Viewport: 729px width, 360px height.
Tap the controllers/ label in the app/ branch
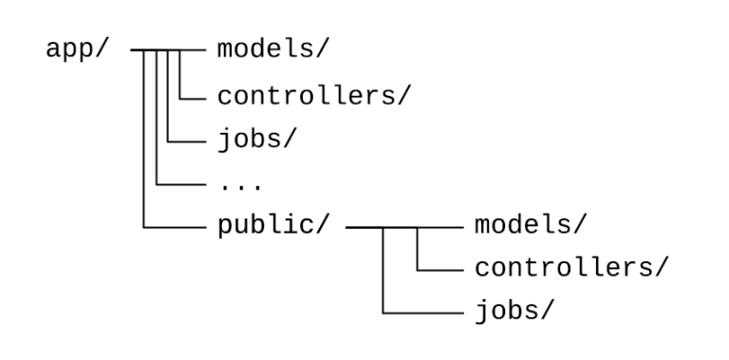coord(313,95)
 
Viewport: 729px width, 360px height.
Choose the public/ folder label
coord(273,228)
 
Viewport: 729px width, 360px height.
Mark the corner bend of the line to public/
coord(144,228)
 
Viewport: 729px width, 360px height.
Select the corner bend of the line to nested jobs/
coord(383,313)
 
